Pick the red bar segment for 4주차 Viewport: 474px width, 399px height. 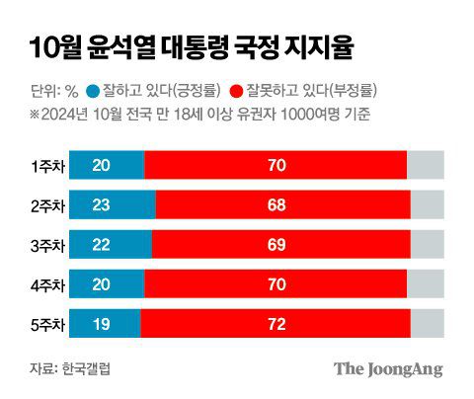(276, 284)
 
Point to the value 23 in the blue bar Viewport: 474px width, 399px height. (102, 205)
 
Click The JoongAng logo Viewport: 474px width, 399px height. (387, 368)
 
